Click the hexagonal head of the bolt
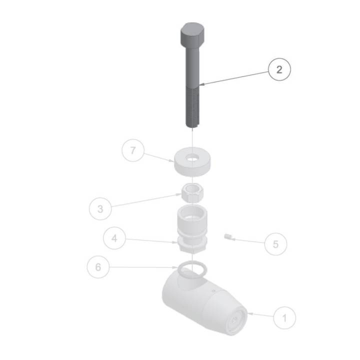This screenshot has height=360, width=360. click(192, 34)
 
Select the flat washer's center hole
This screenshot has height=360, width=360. click(192, 158)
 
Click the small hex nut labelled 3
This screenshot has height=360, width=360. click(192, 193)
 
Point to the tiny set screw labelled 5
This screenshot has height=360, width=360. click(227, 236)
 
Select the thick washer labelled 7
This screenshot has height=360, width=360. click(192, 162)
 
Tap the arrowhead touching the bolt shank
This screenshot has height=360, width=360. click(202, 84)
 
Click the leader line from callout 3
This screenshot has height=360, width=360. click(146, 200)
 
